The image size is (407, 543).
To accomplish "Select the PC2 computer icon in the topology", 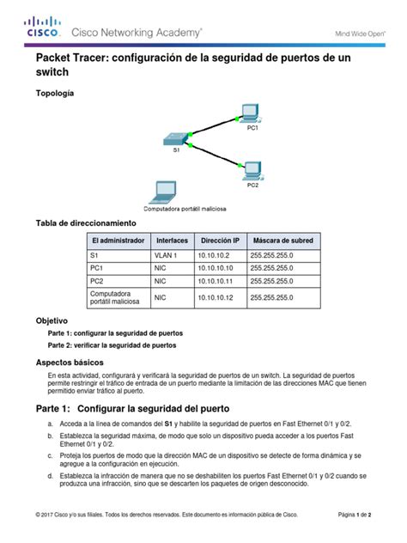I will coord(252,169).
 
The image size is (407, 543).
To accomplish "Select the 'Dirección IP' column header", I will coord(218,241).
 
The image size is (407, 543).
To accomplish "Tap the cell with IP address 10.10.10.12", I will coord(214,297).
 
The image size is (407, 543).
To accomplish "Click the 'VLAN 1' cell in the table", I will coord(166,255).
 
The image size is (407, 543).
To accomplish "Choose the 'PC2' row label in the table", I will coord(96,280).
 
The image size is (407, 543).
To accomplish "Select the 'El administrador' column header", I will coord(118,241).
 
